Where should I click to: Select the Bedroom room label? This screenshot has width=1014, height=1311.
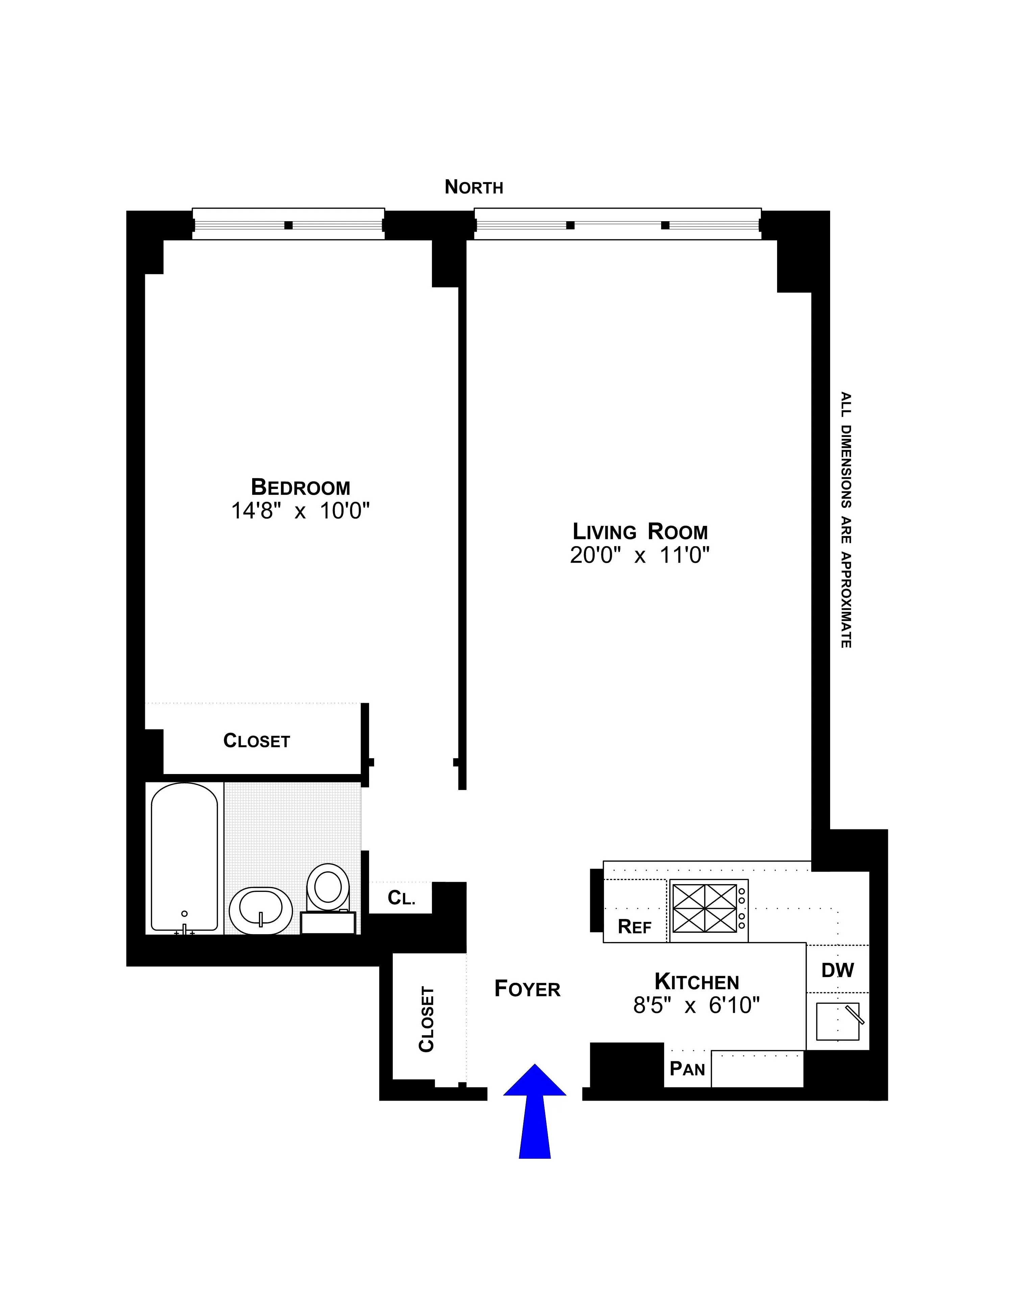coord(300,487)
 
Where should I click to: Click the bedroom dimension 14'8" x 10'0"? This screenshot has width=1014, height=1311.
coord(300,511)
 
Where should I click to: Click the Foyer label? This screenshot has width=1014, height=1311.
coord(527,988)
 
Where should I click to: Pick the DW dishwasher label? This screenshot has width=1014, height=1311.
coord(837,970)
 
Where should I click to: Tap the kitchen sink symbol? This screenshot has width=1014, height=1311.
coord(837,1021)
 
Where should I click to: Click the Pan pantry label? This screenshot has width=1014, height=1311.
coord(687,1069)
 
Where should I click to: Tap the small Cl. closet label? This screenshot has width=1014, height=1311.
coord(400,898)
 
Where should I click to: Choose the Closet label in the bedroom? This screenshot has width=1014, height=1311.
coord(257,741)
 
